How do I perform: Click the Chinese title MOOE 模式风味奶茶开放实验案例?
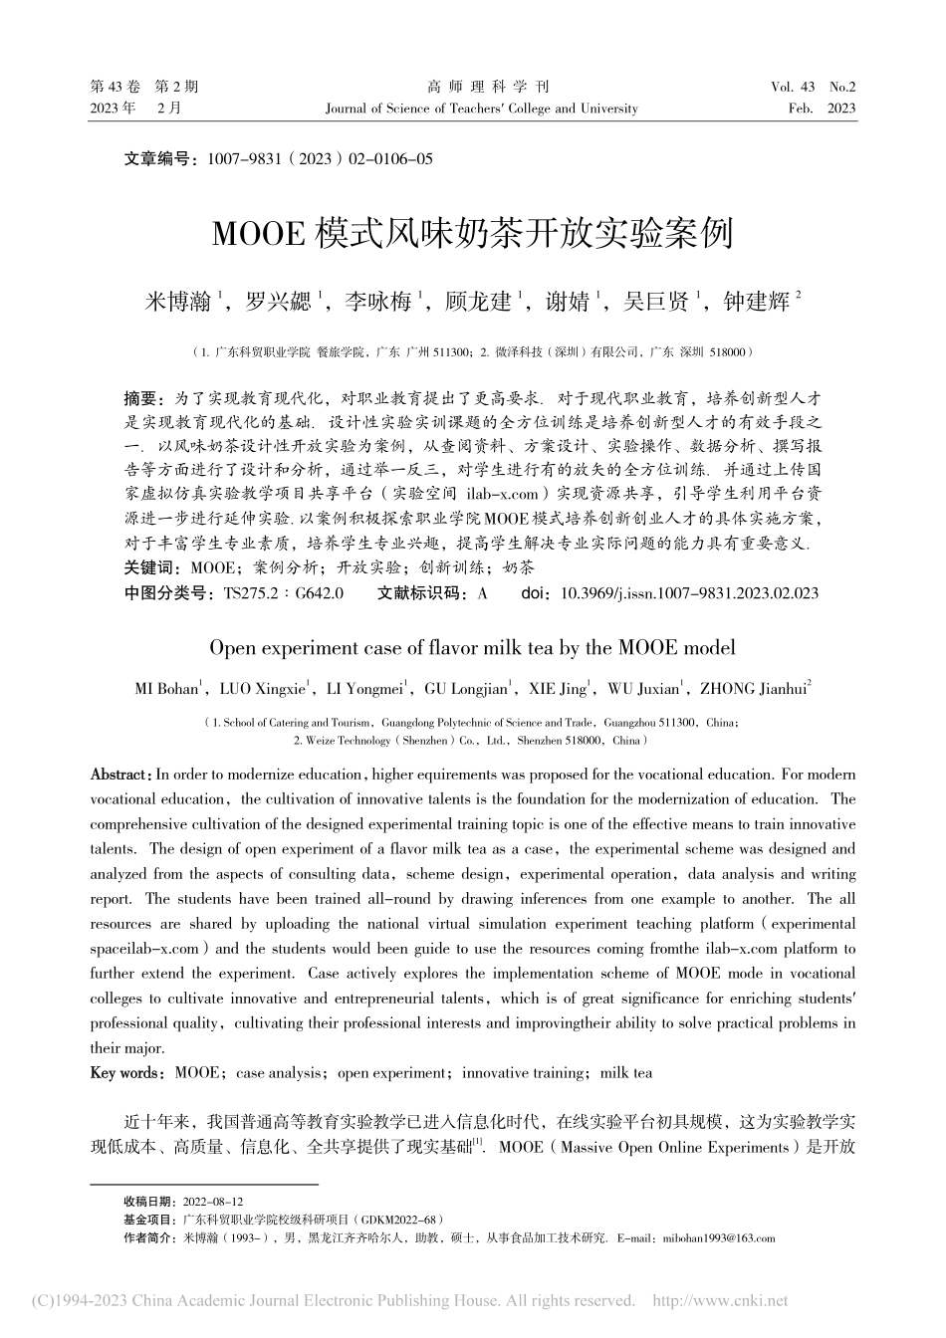coord(472,234)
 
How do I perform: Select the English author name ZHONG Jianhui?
coord(753,688)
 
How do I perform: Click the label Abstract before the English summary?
coord(119,774)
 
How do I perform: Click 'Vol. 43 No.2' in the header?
coord(813,88)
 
